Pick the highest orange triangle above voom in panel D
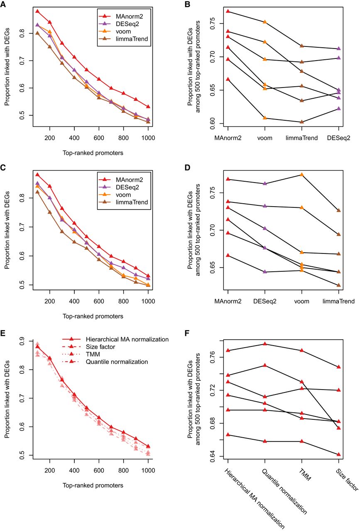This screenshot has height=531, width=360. click(x=302, y=175)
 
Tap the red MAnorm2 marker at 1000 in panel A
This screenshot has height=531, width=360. click(x=148, y=107)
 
